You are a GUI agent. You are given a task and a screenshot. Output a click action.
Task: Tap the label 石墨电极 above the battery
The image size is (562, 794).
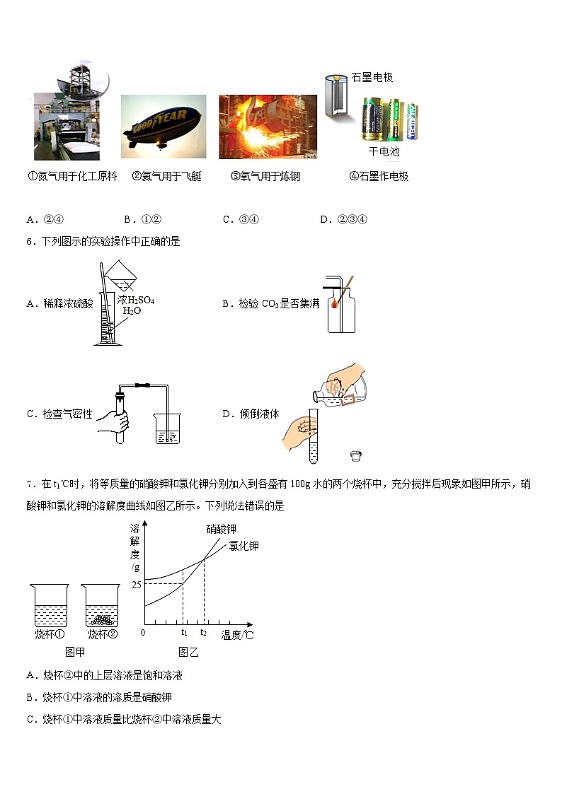[x=372, y=78]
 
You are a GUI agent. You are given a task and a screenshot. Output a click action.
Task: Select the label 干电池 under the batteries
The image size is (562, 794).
[x=384, y=151]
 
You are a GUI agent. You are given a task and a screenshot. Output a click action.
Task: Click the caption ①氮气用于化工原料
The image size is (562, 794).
[x=71, y=177]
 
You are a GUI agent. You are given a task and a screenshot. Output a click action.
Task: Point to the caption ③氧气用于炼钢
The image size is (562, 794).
[x=265, y=177]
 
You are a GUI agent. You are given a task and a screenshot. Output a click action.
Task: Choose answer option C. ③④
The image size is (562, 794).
[x=241, y=219]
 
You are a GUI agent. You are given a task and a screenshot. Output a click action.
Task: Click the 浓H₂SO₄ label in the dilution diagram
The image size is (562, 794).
[x=136, y=300]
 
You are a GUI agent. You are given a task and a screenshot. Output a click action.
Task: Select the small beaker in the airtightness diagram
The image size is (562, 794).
[x=167, y=430]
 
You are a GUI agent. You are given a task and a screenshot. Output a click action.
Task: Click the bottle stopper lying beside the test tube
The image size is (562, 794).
[x=355, y=455]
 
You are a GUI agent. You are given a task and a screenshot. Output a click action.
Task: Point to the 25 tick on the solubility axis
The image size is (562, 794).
[x=136, y=584]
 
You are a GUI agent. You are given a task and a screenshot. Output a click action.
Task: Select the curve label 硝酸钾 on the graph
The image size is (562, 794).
[x=221, y=529]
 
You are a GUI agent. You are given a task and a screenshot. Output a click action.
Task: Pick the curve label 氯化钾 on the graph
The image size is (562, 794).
[x=243, y=546]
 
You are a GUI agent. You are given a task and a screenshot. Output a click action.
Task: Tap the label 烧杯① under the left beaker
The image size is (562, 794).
[x=50, y=634]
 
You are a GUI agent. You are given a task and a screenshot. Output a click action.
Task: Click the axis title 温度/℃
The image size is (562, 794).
[x=237, y=635]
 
